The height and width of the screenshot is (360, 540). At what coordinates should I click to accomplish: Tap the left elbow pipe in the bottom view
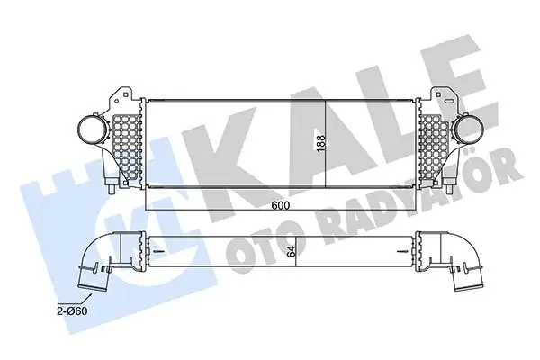click(99, 262)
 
